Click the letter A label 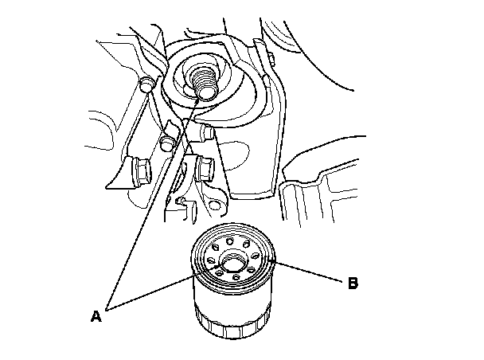point(96,316)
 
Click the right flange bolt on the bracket point(204,168)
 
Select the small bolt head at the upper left point(146,84)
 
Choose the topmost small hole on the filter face point(228,238)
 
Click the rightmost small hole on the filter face point(262,258)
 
